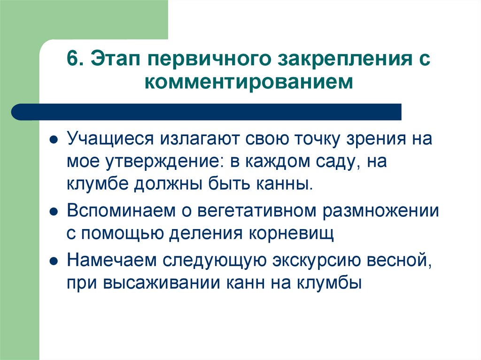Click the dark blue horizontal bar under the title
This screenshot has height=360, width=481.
pyautogui.click(x=207, y=112)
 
